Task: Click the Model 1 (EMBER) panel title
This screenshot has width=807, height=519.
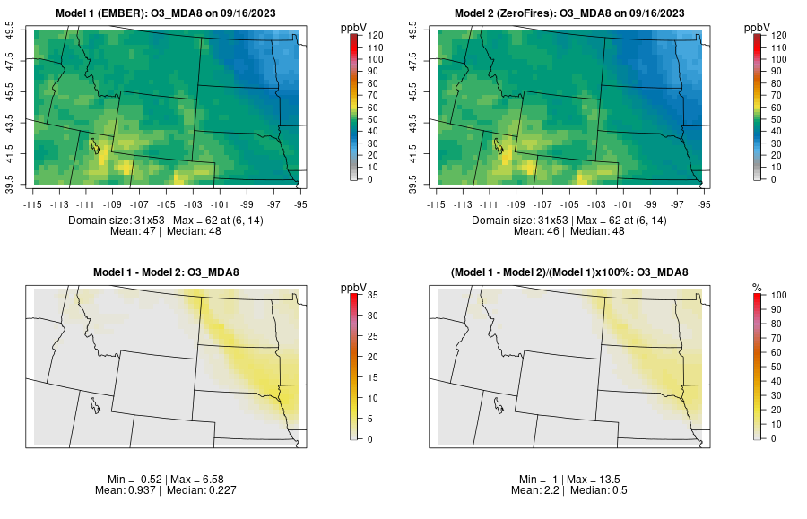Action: [169, 13]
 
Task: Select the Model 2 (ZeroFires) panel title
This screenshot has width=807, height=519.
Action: [573, 13]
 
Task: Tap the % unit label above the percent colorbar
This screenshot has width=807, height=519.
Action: [757, 288]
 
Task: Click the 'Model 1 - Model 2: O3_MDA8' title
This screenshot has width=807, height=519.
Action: [169, 272]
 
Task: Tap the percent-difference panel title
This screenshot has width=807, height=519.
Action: [573, 272]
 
